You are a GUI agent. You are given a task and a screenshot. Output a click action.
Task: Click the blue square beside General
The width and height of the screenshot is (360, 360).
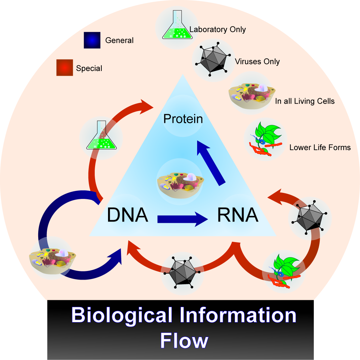[92, 40]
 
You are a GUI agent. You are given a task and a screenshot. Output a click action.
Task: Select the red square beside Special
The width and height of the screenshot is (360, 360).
[64, 68]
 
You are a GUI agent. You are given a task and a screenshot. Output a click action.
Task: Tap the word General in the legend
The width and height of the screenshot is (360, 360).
[119, 41]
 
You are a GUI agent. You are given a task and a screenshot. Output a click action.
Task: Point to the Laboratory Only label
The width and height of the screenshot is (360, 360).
[218, 30]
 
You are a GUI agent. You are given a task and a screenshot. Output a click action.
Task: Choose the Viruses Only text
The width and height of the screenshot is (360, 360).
[257, 62]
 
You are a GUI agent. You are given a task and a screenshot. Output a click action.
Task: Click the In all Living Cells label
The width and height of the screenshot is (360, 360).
[305, 101]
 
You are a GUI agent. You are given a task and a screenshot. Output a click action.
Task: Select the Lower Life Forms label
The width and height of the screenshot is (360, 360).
[320, 147]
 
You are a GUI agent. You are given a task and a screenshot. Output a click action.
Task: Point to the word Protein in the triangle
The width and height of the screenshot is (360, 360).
[183, 119]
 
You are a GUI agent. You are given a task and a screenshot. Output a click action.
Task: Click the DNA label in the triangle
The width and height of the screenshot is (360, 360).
[127, 215]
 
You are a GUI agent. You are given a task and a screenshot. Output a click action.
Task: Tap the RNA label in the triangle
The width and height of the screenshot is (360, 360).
[238, 215]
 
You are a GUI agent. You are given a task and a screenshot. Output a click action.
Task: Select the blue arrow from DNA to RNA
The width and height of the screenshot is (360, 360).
[182, 219]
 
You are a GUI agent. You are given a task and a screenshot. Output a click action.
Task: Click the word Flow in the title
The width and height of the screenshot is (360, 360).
[184, 340]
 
